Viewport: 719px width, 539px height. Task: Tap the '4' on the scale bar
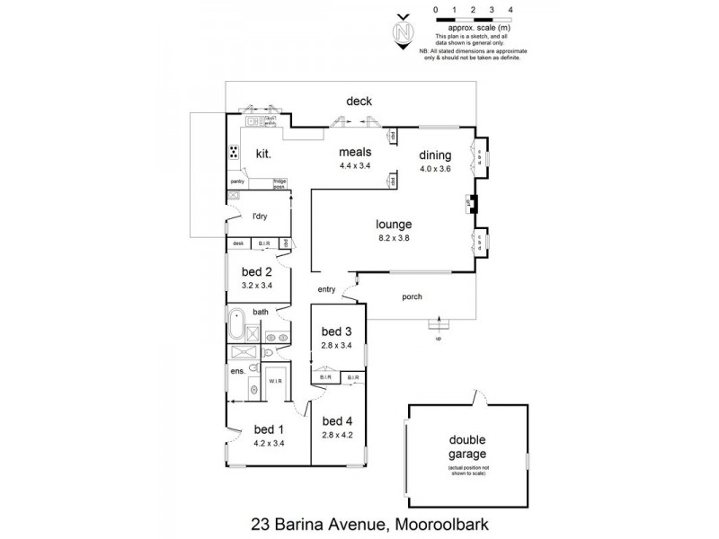coord(510,9)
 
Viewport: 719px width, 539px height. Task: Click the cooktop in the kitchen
coord(234,152)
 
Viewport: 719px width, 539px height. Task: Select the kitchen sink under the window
coord(251,120)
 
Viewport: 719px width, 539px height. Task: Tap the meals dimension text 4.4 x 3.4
coord(354,166)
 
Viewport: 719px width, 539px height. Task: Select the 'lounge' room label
coord(394,224)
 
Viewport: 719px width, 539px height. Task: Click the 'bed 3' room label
coord(337,331)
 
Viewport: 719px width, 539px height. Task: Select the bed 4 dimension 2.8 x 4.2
coord(337,435)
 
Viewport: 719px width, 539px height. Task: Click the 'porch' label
coord(412,297)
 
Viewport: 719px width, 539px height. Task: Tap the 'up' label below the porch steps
coord(438,339)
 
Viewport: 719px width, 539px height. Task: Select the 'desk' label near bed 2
coord(238,243)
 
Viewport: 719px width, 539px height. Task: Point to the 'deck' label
coord(359,102)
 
